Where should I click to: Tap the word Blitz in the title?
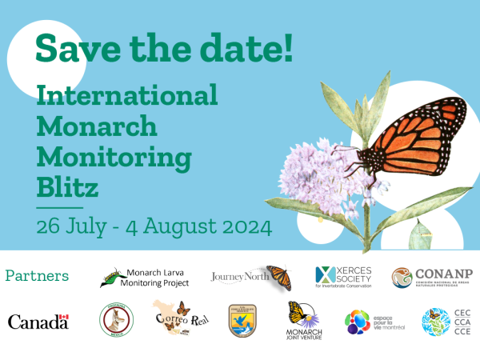(68, 189)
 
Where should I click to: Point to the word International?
(127, 96)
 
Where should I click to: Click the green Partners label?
(37, 276)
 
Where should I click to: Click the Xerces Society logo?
(346, 278)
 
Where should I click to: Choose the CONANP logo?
(432, 278)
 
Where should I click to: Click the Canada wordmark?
(38, 322)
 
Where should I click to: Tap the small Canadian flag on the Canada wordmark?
(64, 318)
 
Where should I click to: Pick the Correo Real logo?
(174, 318)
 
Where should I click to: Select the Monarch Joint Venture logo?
(305, 321)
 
